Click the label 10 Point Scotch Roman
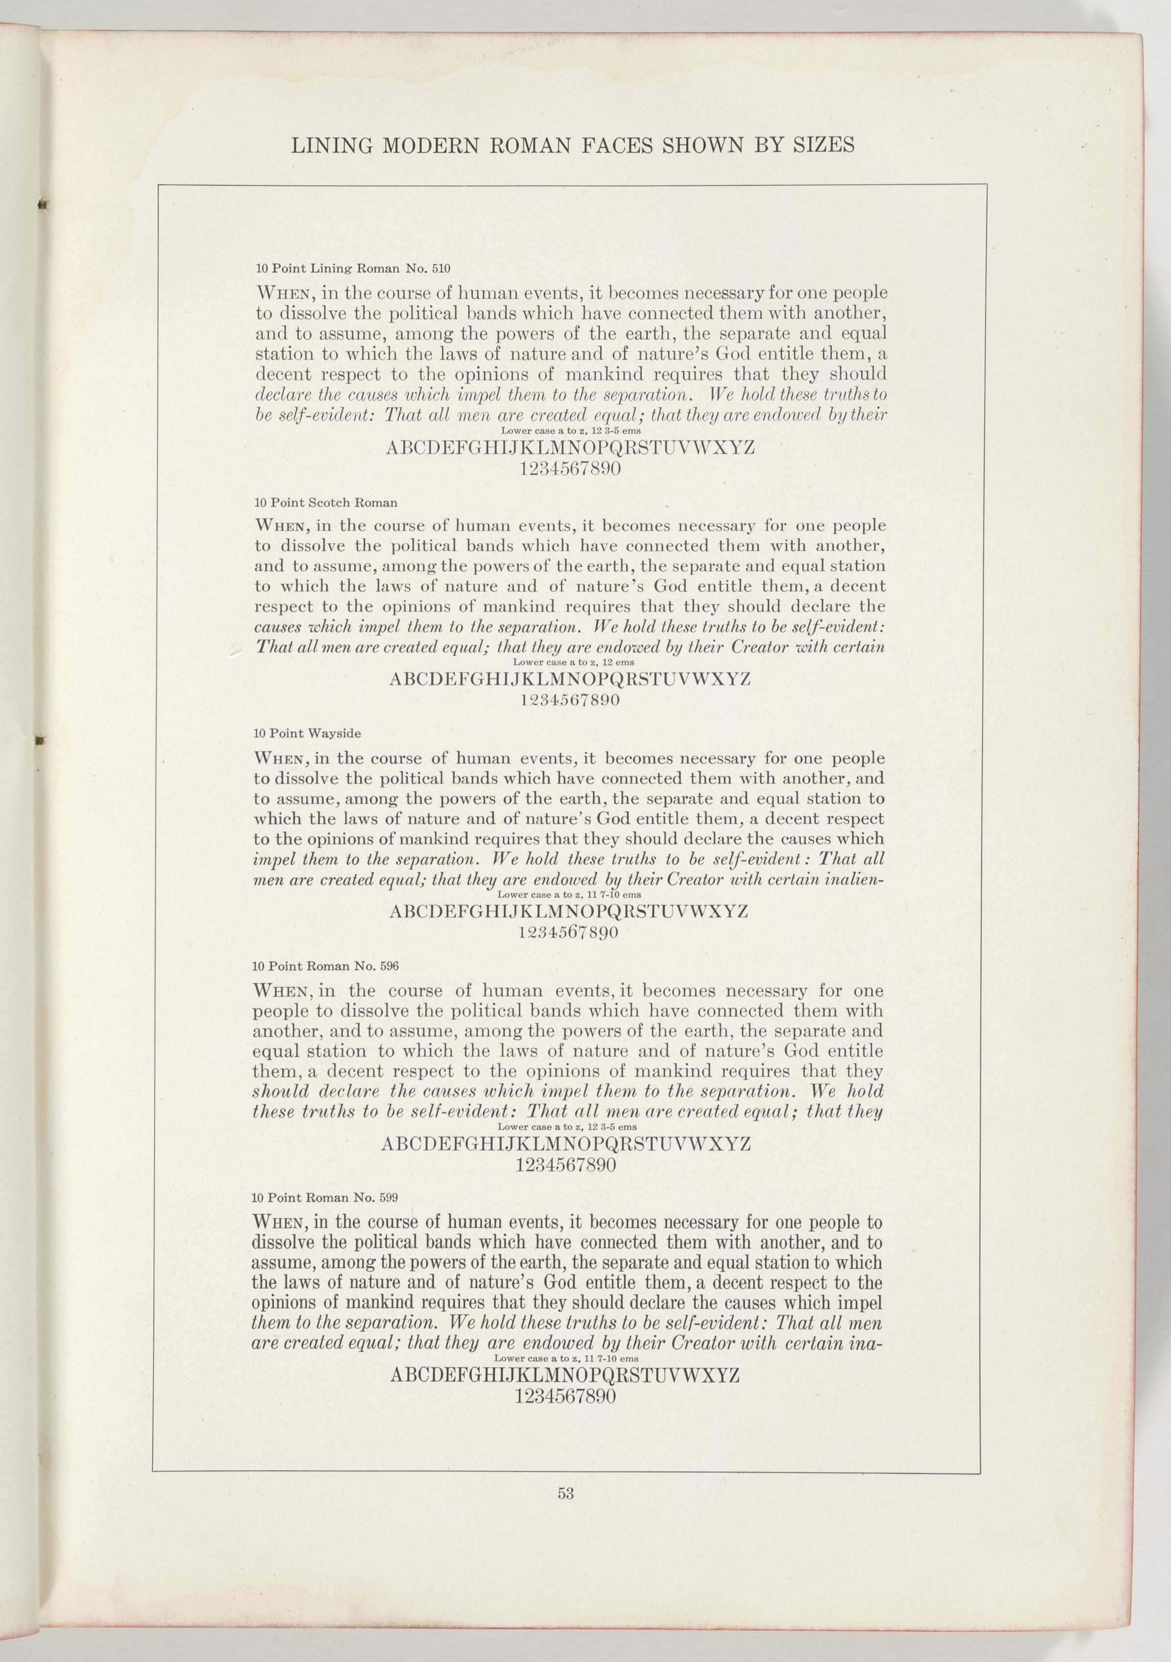pos(326,502)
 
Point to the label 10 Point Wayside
pos(307,733)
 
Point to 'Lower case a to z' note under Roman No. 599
pos(565,1359)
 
